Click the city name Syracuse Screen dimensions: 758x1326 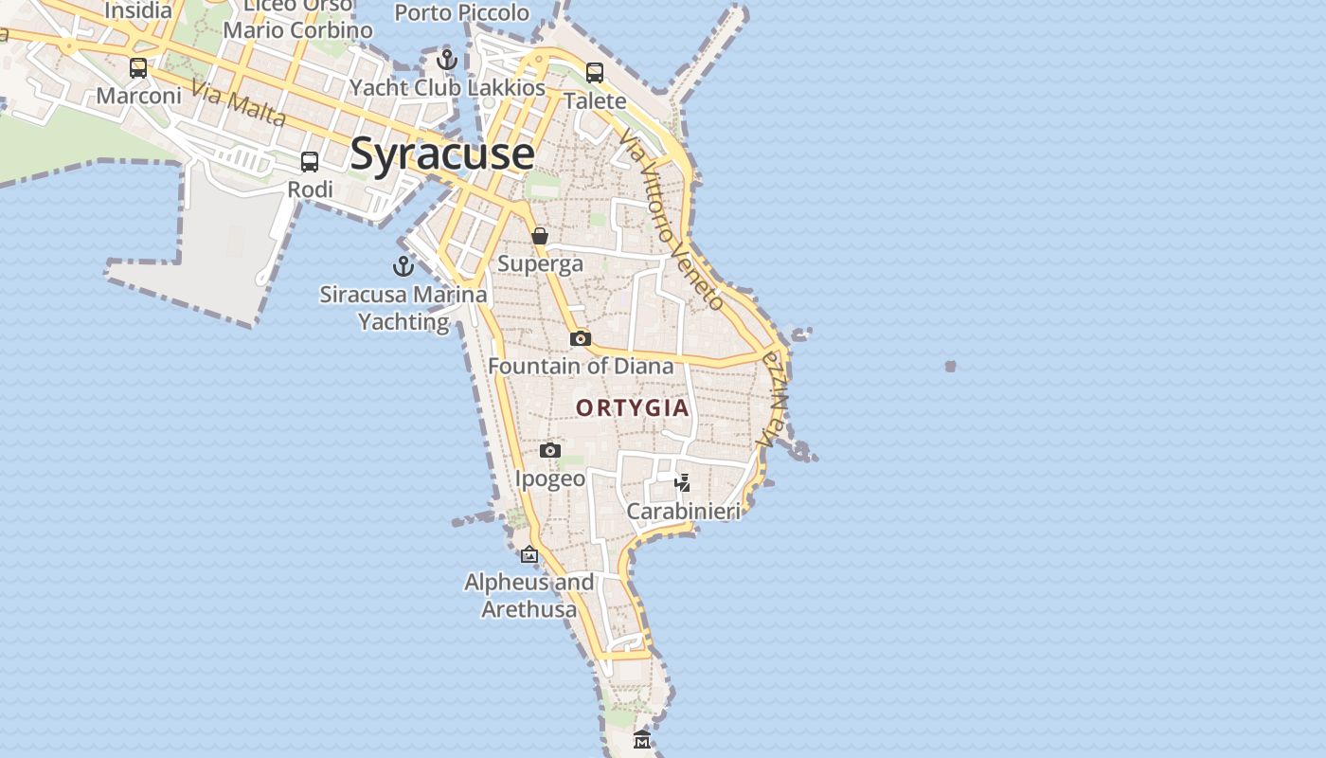pos(442,154)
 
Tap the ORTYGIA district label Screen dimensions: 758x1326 pos(633,407)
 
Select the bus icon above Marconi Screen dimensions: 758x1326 pos(138,68)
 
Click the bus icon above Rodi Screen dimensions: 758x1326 pos(310,162)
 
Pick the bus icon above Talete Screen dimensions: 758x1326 pos(595,73)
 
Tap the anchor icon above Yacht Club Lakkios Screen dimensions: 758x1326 pos(447,61)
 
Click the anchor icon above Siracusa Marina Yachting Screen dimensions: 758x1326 pos(403,266)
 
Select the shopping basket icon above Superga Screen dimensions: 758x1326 pos(540,236)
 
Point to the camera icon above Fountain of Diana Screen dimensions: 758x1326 pos(581,338)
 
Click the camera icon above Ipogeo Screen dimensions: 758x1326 pos(550,450)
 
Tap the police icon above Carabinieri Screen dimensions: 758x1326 pos(683,483)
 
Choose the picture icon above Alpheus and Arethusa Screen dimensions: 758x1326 pos(529,554)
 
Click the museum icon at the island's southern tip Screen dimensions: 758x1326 pos(642,739)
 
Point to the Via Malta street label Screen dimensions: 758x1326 pos(238,103)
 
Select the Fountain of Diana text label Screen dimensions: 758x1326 pos(581,366)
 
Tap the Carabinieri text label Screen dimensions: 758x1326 pos(683,512)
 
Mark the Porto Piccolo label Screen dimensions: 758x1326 pos(462,13)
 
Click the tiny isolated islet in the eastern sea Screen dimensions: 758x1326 pos(950,366)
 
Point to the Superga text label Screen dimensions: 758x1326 pos(540,263)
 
